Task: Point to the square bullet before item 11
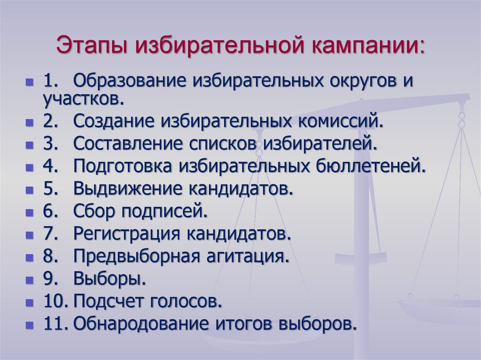30,325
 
